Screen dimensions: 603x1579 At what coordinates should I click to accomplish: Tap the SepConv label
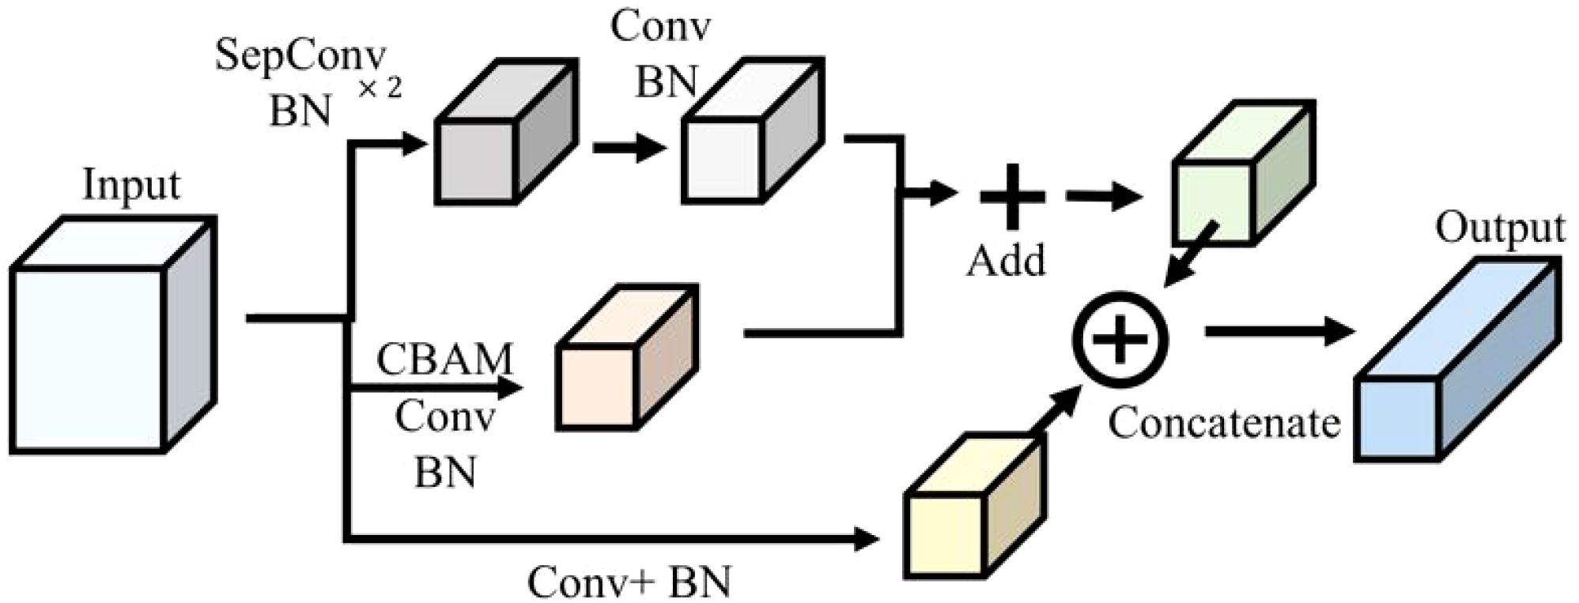[300, 59]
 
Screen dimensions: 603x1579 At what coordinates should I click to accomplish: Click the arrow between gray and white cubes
[629, 147]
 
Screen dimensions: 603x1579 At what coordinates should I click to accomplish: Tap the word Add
[1006, 260]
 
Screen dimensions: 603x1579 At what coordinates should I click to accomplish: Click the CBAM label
[445, 360]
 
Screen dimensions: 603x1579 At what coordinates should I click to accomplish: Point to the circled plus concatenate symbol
[1120, 338]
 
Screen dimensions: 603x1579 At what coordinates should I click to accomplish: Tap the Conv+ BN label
[629, 583]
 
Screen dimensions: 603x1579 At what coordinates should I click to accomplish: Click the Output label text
[1499, 229]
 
